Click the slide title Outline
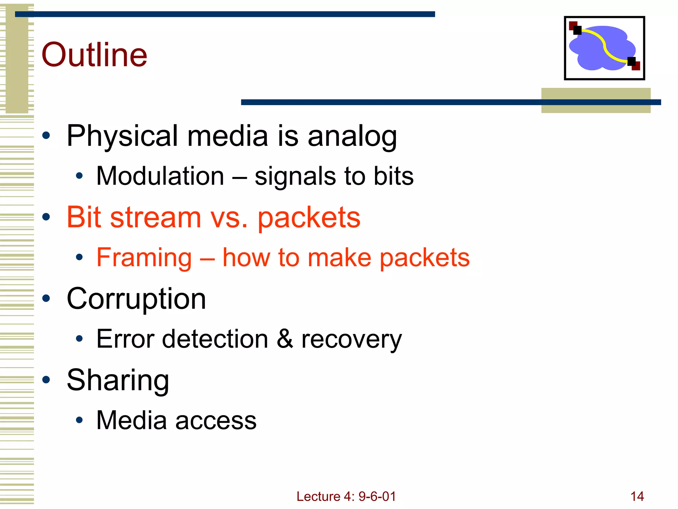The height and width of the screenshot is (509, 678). coord(94,55)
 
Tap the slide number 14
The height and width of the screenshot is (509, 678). coord(637,496)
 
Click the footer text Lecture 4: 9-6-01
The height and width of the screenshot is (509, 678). coord(346,496)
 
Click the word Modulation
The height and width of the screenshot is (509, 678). coord(160,176)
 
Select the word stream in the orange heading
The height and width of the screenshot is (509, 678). coord(156,218)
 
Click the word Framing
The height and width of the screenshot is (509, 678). coord(144,258)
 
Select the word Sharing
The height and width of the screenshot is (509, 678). coord(118,380)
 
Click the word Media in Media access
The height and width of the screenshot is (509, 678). coord(131,420)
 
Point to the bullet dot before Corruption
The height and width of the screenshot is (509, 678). coord(46,298)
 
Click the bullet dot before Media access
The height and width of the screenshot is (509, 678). coord(79,420)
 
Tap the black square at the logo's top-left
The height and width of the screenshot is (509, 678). coord(577,30)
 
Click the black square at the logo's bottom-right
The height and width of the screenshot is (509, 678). coord(631,61)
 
